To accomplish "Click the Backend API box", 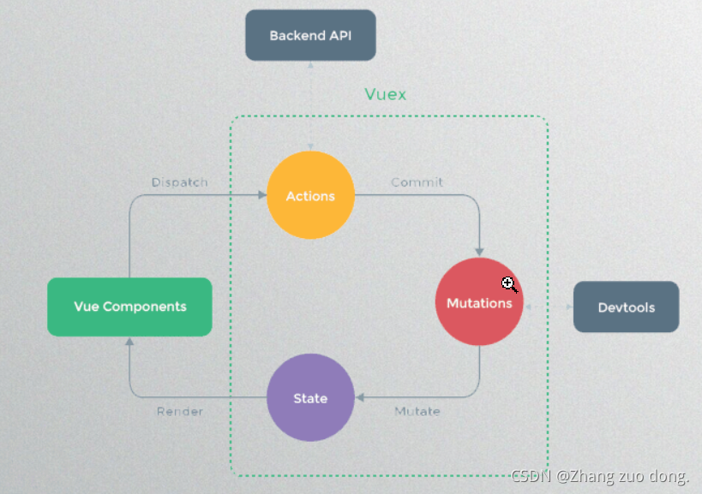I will click(310, 35).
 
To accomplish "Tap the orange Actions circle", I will click(310, 196).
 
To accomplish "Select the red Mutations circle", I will click(479, 303).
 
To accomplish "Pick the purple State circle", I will click(310, 398).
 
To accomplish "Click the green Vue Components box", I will click(129, 307).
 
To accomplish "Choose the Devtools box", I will click(626, 307).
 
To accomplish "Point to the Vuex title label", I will click(385, 94).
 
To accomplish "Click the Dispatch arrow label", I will click(179, 182).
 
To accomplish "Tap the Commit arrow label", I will click(417, 182).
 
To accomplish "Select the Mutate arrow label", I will click(417, 412).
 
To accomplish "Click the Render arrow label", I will click(180, 412).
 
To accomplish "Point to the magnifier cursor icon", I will click(509, 285).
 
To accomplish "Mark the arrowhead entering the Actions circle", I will click(262, 195).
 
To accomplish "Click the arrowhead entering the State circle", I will click(359, 397).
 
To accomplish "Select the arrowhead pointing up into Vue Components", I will click(129, 342).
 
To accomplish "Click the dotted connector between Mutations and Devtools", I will click(549, 306).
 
